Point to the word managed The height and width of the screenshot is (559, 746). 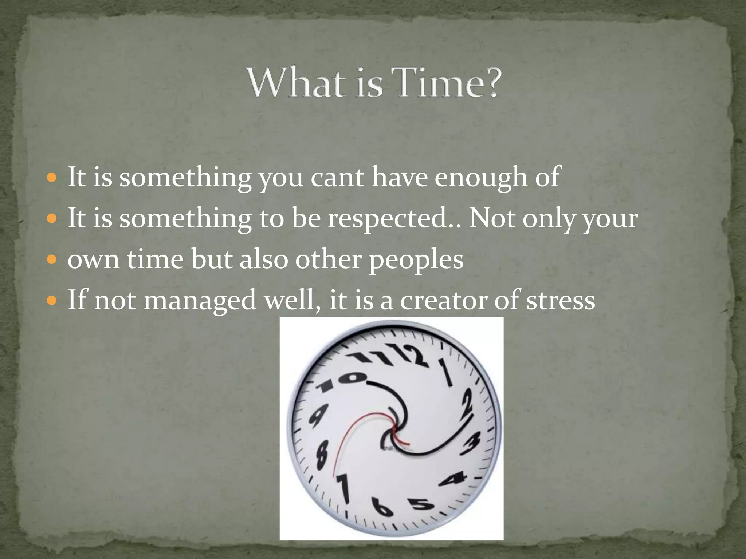pyautogui.click(x=200, y=301)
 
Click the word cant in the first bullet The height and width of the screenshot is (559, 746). pyautogui.click(x=337, y=177)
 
